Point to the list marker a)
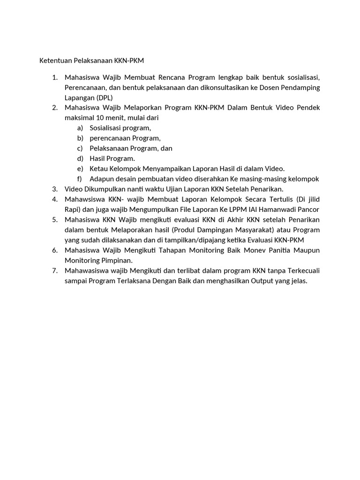80,128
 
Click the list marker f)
80,179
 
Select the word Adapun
102,179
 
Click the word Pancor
309,209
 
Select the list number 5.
54,219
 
